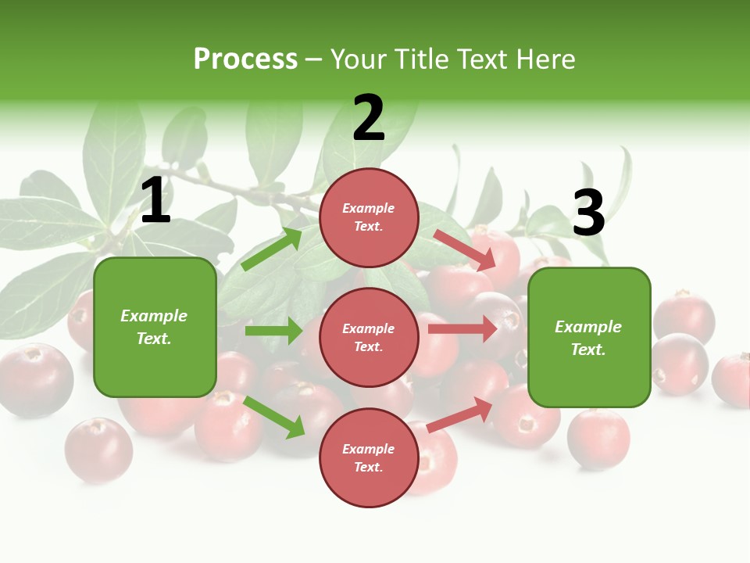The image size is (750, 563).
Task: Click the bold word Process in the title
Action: (245, 59)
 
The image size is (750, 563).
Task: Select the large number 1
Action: (155, 201)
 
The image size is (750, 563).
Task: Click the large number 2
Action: (369, 118)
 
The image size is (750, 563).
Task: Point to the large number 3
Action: (588, 213)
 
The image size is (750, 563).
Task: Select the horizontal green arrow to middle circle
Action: (273, 331)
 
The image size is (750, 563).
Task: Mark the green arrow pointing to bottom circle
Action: (274, 417)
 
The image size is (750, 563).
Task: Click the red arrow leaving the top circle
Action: (465, 249)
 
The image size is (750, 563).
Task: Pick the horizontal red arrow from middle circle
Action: (462, 328)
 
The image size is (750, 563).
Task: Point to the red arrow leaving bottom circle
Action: (460, 414)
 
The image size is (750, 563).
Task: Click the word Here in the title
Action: (546, 59)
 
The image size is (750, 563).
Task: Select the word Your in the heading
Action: (358, 59)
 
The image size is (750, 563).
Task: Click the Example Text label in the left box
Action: (154, 327)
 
